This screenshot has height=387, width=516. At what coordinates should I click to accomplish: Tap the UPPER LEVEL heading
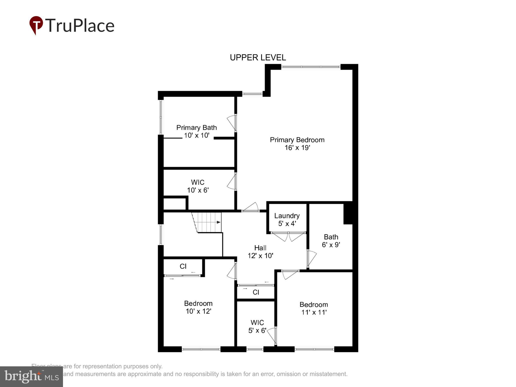[x=258, y=58]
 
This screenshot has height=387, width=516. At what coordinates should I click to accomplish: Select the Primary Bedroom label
[x=297, y=140]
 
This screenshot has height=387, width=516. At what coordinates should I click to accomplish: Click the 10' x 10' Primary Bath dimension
[x=197, y=136]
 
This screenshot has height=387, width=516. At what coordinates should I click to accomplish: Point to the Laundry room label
[x=287, y=216]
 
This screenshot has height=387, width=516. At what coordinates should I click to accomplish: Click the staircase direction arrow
[x=218, y=222]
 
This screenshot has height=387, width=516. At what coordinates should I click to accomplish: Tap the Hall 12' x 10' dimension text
[x=260, y=256]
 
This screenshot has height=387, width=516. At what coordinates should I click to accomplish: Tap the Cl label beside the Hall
[x=256, y=292]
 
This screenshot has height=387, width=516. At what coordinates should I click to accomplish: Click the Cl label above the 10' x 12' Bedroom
[x=183, y=266]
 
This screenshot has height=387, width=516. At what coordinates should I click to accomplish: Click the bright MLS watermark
[x=31, y=376]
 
